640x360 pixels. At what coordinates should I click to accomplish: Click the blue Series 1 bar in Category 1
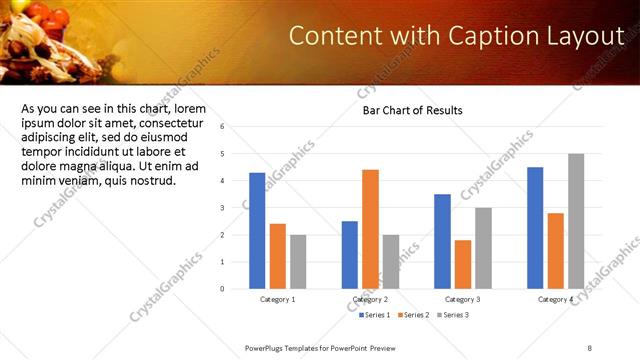pos(257,231)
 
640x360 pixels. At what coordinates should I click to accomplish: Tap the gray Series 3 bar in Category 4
pos(576,221)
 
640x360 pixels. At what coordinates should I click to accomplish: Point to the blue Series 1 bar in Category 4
pos(535,228)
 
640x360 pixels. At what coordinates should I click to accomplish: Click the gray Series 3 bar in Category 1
pos(298,262)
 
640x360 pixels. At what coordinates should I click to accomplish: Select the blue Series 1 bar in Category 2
pos(349,255)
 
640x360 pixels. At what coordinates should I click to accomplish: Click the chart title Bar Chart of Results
pos(412,110)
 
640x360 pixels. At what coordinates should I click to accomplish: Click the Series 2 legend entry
pos(413,316)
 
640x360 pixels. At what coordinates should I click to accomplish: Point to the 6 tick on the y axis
pos(235,127)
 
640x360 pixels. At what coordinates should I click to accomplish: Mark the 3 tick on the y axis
pos(235,208)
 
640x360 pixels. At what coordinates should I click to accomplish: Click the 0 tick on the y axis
pos(235,289)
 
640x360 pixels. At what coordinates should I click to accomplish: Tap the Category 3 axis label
pos(463,300)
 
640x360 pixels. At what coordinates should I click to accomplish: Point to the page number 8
pos(590,347)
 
